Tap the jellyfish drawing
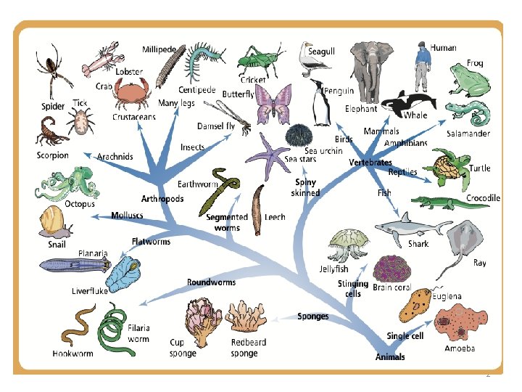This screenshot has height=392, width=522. [343, 245]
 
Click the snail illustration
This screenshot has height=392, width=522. [54, 221]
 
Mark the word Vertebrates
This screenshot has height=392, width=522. [370, 162]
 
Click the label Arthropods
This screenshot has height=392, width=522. [162, 199]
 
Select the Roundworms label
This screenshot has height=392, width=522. [211, 282]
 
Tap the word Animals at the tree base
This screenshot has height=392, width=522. [390, 357]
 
